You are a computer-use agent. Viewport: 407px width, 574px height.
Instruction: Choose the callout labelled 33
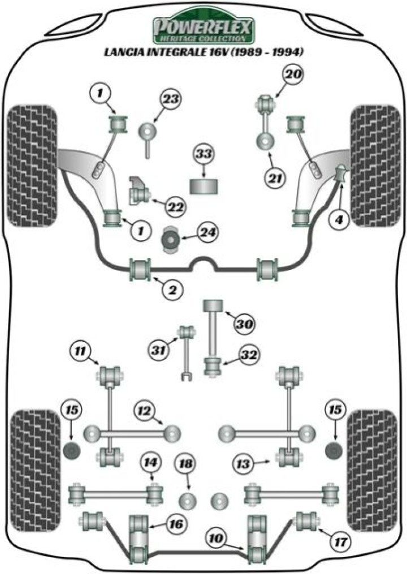(204, 154)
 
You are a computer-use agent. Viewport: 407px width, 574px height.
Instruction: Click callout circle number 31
(160, 350)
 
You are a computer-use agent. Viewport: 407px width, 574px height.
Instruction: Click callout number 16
(176, 524)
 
